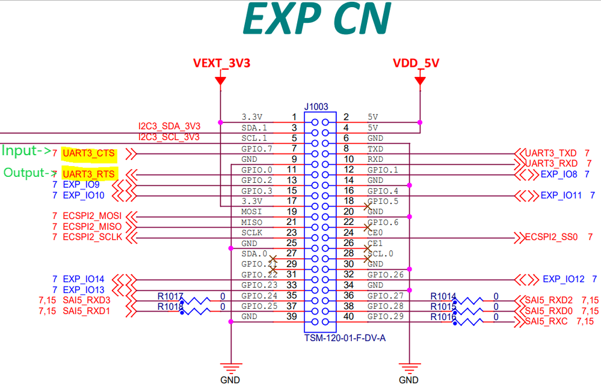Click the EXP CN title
click(317, 20)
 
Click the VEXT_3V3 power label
click(221, 63)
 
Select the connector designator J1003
click(316, 107)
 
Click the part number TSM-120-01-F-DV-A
click(345, 338)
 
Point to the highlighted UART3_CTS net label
click(88, 153)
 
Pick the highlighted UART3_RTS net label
click(88, 174)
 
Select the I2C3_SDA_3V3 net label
click(169, 126)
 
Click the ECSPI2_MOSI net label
click(92, 216)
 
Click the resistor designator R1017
click(170, 296)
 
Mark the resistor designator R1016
click(443, 317)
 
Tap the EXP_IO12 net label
click(563, 279)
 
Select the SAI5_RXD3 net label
click(86, 300)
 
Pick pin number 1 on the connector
click(294, 117)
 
